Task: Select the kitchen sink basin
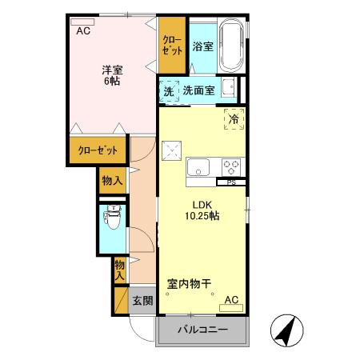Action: click(x=198, y=167)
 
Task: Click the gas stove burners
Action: click(x=231, y=167)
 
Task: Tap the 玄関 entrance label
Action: click(x=142, y=301)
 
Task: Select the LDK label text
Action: click(x=199, y=203)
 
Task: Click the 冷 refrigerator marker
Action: click(x=234, y=119)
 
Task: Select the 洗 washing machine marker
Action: click(x=169, y=91)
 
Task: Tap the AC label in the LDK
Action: click(x=231, y=300)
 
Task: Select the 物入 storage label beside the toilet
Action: click(x=112, y=181)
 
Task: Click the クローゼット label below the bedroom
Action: click(x=98, y=150)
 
